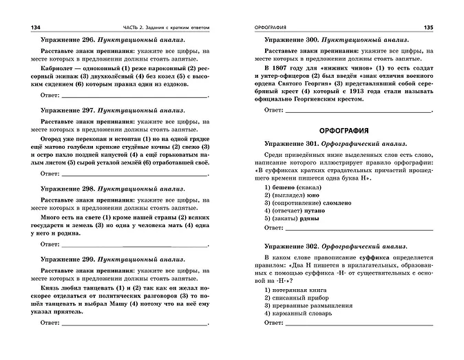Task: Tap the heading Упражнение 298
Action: (69, 188)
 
